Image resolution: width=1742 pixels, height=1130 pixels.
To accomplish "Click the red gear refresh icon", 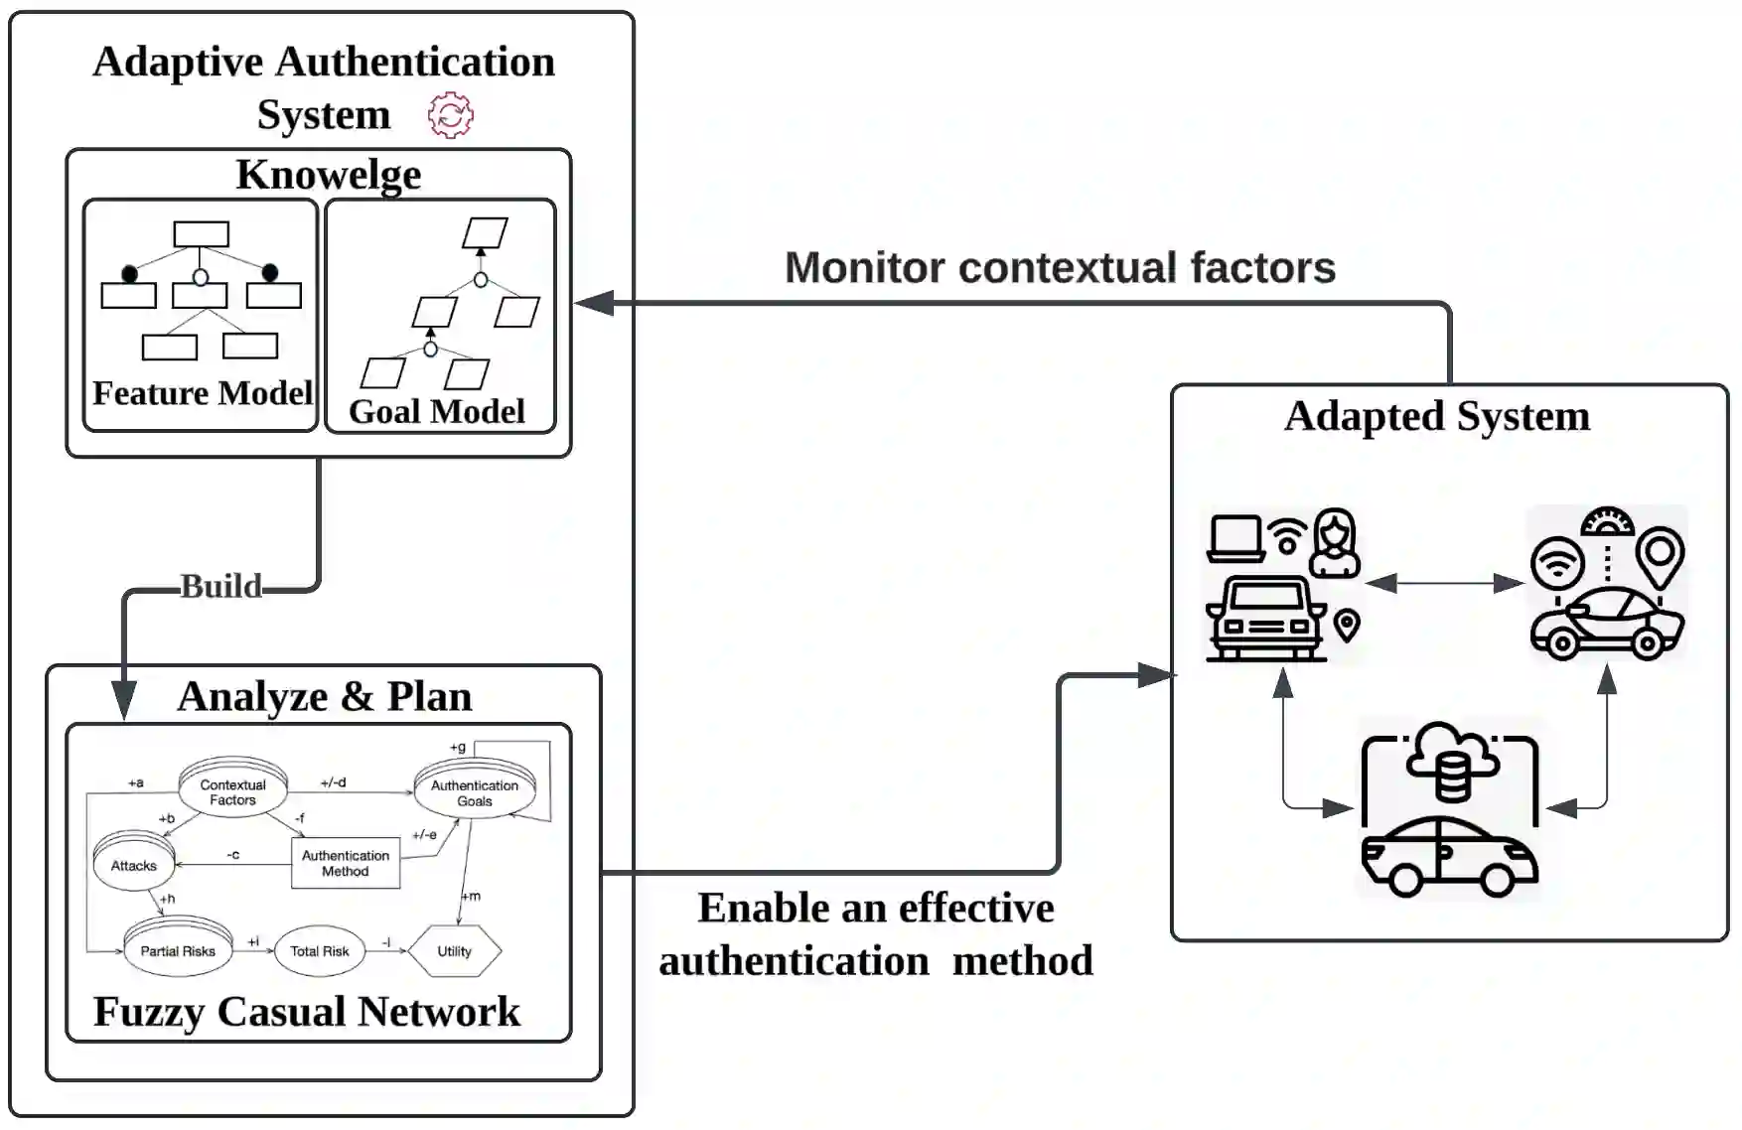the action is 451,115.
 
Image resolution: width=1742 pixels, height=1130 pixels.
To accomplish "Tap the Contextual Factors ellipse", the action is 232,790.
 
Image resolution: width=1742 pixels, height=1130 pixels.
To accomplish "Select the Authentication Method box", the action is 346,863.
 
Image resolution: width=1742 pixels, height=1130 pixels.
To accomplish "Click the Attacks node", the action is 134,864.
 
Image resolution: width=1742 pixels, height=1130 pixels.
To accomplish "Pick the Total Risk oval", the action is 320,951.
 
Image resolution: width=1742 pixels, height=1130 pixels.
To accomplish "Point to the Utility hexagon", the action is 455,951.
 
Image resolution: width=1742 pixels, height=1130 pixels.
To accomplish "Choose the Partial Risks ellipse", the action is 178,949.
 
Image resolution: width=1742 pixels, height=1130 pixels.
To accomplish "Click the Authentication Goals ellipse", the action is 475,790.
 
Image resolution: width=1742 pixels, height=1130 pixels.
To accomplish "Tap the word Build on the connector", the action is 220,587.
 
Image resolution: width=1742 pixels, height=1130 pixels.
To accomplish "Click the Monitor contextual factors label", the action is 1060,267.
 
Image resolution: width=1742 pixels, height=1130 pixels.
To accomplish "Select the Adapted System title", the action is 1437,417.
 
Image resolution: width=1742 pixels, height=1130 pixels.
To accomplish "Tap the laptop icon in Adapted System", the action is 1235,538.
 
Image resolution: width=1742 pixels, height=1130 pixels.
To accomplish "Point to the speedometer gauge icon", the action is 1606,521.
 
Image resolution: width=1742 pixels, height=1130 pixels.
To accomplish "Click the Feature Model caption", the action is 203,393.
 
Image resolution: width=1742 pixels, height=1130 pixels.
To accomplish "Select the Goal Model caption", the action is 437,411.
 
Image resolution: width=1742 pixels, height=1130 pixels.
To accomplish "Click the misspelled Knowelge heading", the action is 329,175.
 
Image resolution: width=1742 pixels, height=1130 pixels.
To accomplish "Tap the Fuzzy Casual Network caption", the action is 307,1012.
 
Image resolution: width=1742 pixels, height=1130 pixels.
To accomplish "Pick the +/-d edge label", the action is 334,782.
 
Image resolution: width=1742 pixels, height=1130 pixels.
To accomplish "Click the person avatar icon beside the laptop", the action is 1336,543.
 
